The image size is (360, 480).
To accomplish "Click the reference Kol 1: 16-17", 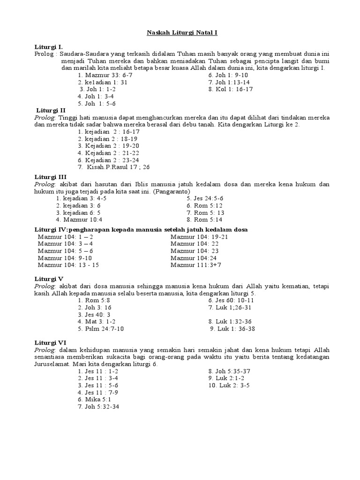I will [231, 89].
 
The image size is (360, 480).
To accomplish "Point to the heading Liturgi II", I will [51, 110].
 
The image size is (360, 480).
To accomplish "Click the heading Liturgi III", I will [51, 177].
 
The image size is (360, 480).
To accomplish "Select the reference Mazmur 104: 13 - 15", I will [68, 265].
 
